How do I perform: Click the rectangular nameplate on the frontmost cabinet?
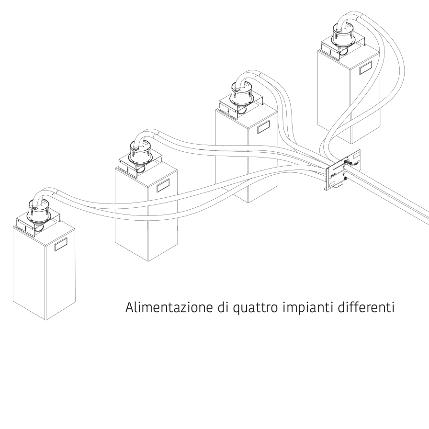coord(61,244)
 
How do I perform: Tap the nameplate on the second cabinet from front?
coord(163,185)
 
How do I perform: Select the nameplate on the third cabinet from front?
coord(264,127)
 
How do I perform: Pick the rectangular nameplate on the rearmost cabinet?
coord(366,68)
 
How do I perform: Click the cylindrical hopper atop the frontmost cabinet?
coord(39,210)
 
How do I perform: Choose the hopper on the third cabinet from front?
coord(242,93)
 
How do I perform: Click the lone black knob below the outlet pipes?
coord(345,179)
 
